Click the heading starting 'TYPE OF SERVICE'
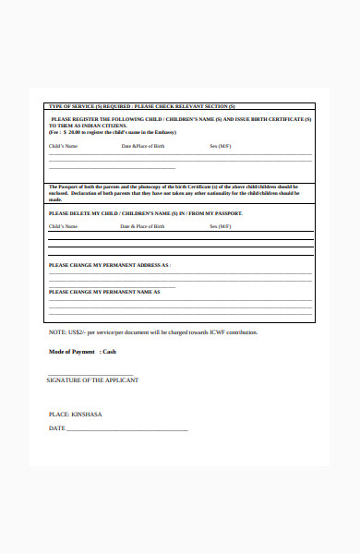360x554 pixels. [141, 106]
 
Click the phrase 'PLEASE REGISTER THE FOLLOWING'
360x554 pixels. [97, 120]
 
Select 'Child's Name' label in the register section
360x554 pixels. [63, 146]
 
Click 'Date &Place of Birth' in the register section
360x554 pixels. [143, 146]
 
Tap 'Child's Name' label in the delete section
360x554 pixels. [63, 226]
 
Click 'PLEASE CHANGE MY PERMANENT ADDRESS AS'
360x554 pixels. [109, 265]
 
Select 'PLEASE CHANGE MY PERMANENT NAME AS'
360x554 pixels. [104, 291]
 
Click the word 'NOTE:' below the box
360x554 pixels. [57, 332]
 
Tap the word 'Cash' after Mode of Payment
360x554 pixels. [109, 352]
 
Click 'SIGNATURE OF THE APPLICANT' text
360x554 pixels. [92, 380]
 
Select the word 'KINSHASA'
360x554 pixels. [87, 415]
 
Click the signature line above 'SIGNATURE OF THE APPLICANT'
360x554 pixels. [90, 374]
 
